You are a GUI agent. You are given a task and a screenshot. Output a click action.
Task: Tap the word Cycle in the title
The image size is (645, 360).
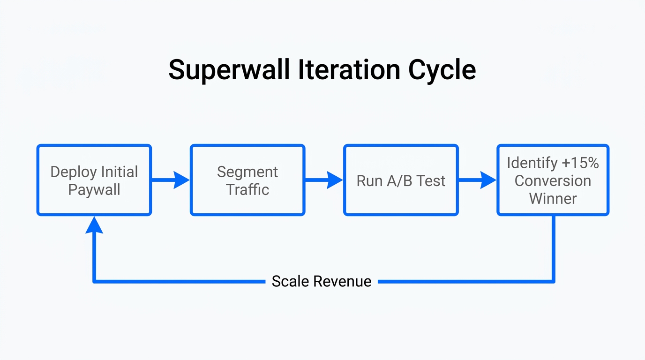click(442, 70)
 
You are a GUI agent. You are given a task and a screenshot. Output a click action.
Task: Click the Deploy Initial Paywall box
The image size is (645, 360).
click(94, 180)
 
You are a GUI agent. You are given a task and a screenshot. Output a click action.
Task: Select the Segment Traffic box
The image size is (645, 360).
click(247, 180)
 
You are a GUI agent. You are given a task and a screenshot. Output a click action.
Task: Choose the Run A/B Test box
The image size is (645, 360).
click(401, 180)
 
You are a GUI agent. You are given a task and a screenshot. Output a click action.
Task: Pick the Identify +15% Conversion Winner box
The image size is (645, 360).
click(553, 180)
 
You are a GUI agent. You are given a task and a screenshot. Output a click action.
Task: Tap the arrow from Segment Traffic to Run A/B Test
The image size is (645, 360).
click(324, 180)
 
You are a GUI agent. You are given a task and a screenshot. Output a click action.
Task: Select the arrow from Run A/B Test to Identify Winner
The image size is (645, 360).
click(477, 180)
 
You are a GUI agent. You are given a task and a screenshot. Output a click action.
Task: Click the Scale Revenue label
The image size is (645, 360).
click(322, 281)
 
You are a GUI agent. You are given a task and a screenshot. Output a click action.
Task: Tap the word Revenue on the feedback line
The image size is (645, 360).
click(342, 281)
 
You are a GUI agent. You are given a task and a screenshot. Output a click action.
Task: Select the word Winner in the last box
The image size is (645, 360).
click(553, 198)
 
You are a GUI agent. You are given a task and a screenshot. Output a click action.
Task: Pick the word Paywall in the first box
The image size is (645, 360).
click(94, 190)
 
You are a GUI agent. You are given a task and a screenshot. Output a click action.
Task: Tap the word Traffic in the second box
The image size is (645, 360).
click(247, 190)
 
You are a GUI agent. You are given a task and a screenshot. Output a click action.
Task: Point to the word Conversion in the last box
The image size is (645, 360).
click(553, 181)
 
